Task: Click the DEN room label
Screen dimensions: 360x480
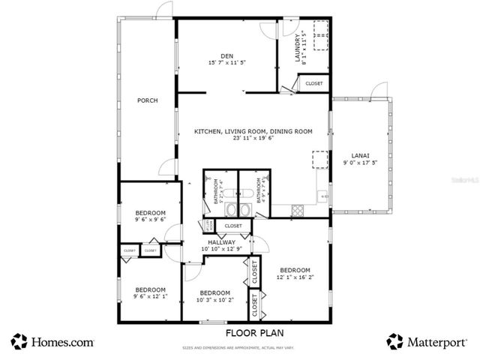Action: (x=226, y=55)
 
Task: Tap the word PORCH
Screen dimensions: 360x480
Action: (x=147, y=100)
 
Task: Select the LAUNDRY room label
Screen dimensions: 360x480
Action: (x=298, y=47)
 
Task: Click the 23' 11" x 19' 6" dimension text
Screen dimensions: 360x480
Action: (x=253, y=138)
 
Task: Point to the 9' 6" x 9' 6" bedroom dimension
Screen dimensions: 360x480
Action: (x=150, y=220)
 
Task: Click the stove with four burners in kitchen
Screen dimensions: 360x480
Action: (x=296, y=208)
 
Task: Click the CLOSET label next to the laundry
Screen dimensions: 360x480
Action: (x=313, y=84)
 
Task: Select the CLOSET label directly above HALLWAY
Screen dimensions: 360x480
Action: (x=233, y=225)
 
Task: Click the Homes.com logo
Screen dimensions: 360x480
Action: (x=52, y=342)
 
